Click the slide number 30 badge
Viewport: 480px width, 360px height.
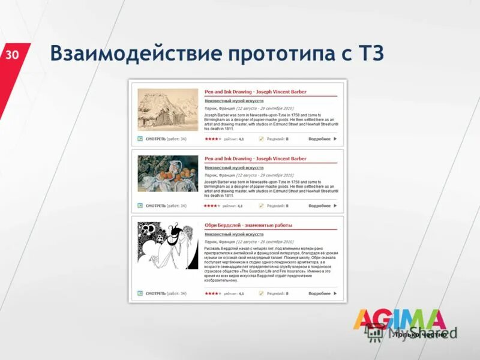click(x=13, y=56)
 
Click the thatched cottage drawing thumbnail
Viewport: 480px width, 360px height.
click(x=167, y=109)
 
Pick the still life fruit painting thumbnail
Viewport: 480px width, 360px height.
click(x=167, y=173)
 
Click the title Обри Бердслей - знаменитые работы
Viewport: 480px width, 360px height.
click(x=248, y=225)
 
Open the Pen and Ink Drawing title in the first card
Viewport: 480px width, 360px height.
click(x=255, y=92)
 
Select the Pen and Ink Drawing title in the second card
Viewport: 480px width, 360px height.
click(x=255, y=158)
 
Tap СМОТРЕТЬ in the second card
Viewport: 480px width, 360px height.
click(x=155, y=206)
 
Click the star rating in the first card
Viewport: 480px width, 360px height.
click(x=212, y=139)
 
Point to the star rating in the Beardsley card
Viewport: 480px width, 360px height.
click(x=212, y=293)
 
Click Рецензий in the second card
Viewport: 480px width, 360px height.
click(x=275, y=206)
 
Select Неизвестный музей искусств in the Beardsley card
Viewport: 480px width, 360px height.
click(x=234, y=234)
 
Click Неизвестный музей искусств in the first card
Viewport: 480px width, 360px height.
click(x=234, y=101)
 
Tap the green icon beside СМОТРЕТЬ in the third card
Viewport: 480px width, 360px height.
click(x=140, y=293)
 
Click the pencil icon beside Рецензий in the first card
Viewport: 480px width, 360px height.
click(x=261, y=139)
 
